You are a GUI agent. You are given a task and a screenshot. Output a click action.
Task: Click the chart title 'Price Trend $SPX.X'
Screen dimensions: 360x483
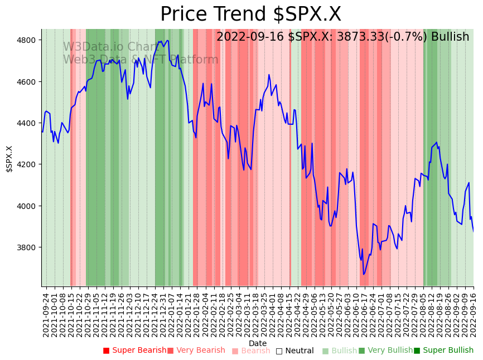[x=250, y=14]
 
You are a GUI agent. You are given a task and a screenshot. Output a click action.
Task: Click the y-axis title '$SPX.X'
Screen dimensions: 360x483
[x=9, y=159]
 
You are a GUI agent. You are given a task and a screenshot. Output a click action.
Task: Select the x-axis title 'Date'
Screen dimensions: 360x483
[x=258, y=343]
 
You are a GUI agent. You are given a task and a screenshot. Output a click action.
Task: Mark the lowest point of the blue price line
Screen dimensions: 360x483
[x=364, y=274]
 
